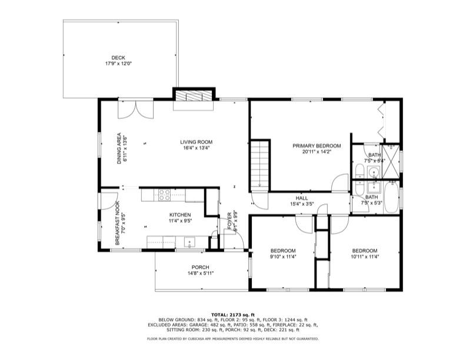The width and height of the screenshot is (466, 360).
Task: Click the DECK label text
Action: (118, 58)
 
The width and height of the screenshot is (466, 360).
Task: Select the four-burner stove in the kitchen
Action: (165, 194)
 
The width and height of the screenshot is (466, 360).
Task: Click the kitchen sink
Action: (189, 241)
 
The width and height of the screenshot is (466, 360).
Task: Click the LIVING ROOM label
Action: (196, 142)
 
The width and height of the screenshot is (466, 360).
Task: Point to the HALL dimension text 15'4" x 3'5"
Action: (302, 205)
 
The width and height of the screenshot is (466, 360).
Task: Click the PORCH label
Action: (200, 267)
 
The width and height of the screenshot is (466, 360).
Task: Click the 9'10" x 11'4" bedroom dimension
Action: (282, 256)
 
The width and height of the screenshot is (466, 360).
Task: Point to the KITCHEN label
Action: (179, 215)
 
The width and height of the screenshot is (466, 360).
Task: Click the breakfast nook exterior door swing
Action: (106, 201)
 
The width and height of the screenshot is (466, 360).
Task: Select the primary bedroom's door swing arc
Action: (339, 184)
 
